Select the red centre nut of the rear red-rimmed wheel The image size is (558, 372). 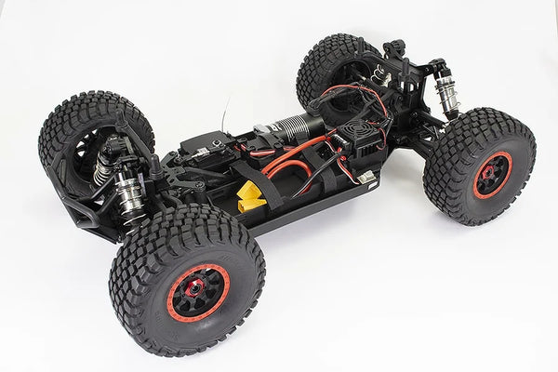tap(488, 173)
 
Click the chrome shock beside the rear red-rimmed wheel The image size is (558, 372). tap(445, 93)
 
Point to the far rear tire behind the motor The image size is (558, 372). tap(330, 65)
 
